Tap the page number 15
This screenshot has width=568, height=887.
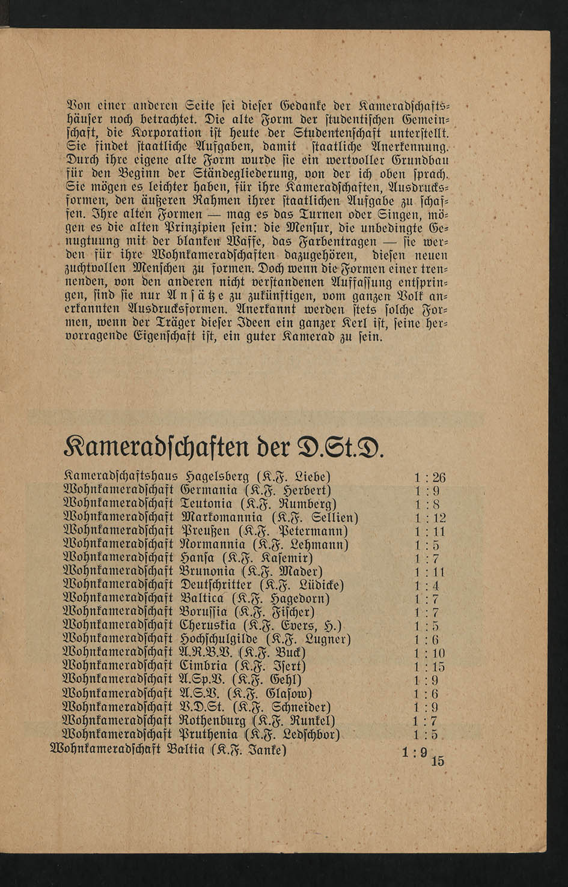click(438, 761)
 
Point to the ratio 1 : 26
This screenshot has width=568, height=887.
click(430, 478)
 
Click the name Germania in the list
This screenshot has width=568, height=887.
click(208, 491)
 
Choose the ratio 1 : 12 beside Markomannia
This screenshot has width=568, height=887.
click(430, 518)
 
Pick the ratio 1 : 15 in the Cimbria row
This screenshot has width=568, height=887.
click(430, 667)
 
